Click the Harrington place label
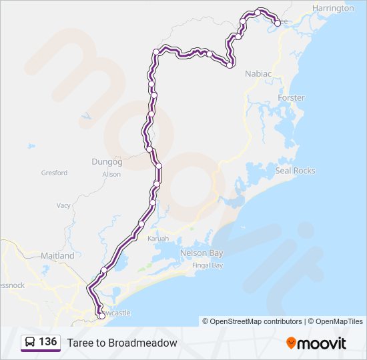(333, 8)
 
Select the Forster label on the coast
(291, 98)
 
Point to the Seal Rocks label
(295, 171)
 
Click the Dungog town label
(107, 161)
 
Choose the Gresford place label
(54, 173)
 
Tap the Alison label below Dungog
(111, 175)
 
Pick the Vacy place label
(63, 206)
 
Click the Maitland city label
(57, 255)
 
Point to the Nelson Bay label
(202, 253)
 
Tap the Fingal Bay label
(208, 265)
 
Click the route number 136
(47, 342)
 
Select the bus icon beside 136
(30, 343)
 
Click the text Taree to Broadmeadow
(122, 343)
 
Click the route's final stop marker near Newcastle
(101, 316)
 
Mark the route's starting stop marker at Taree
(277, 23)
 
